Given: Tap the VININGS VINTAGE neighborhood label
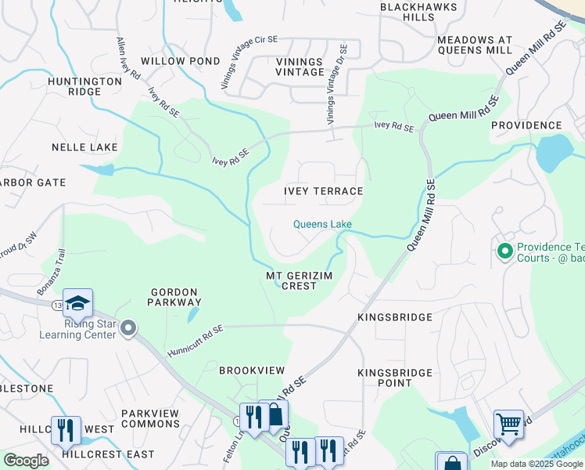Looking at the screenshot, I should point(300,67).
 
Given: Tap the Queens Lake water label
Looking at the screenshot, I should point(322,225).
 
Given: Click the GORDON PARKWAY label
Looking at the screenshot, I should point(176,297).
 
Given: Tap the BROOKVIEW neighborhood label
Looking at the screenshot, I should point(251,370).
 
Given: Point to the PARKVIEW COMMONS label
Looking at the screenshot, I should point(150,418).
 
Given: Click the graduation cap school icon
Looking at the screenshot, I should point(78,303).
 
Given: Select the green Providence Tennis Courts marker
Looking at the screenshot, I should point(504,251).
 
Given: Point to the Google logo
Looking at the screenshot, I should point(26,461).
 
